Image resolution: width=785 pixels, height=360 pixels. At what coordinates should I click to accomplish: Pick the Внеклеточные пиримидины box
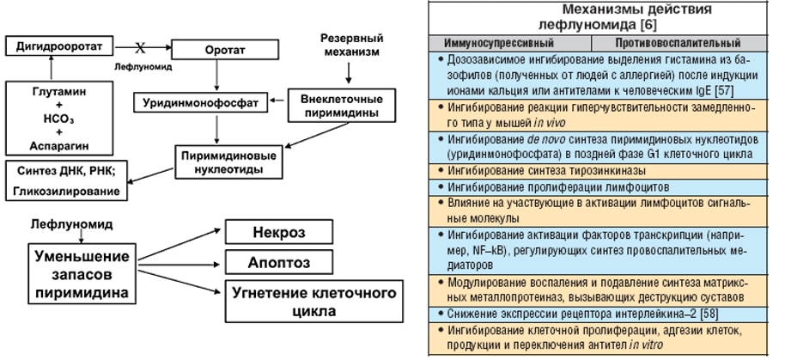pyautogui.click(x=335, y=103)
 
